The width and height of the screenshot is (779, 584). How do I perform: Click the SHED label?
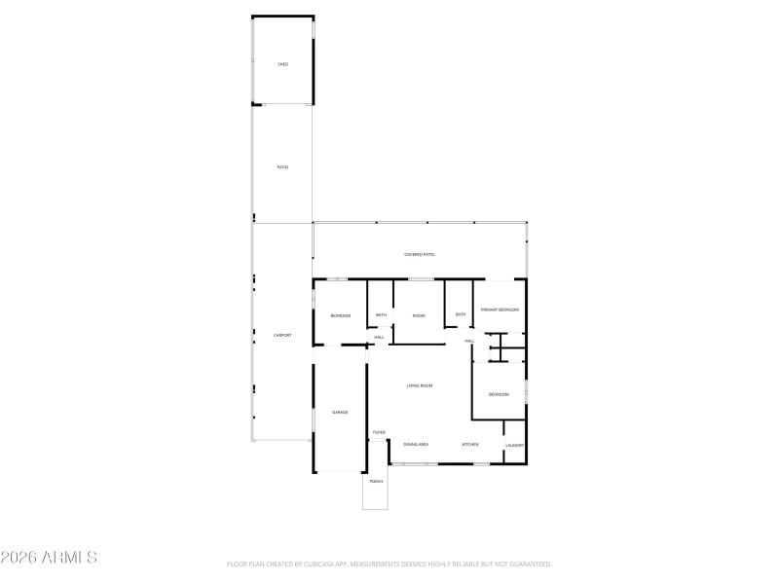(282, 64)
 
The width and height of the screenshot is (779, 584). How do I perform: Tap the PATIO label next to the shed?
(282, 167)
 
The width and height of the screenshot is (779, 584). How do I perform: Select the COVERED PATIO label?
(420, 254)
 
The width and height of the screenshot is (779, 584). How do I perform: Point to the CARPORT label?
(282, 336)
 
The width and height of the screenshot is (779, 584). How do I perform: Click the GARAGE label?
(340, 413)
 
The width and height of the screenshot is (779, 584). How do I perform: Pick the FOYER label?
(379, 432)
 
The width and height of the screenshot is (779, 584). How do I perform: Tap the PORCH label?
(376, 482)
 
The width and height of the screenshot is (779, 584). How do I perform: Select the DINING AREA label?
(417, 445)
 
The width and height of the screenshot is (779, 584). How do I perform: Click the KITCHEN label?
(470, 445)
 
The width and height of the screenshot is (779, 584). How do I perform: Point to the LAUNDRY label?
(515, 446)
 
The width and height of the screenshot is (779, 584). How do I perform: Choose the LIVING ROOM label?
(420, 386)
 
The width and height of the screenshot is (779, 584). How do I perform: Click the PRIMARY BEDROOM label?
(500, 310)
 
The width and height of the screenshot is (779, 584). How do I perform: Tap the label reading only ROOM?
(419, 315)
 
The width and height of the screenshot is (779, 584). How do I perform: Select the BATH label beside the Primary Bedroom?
(461, 314)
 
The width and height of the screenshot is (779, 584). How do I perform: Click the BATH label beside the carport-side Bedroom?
(381, 315)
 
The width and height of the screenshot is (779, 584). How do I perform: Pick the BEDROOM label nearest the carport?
(340, 315)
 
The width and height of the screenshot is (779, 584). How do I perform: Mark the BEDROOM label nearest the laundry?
(499, 394)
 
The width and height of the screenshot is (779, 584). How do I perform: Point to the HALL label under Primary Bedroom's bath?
(469, 342)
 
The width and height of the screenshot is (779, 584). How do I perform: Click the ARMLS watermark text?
(49, 559)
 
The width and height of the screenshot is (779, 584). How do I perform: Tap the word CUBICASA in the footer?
(304, 564)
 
